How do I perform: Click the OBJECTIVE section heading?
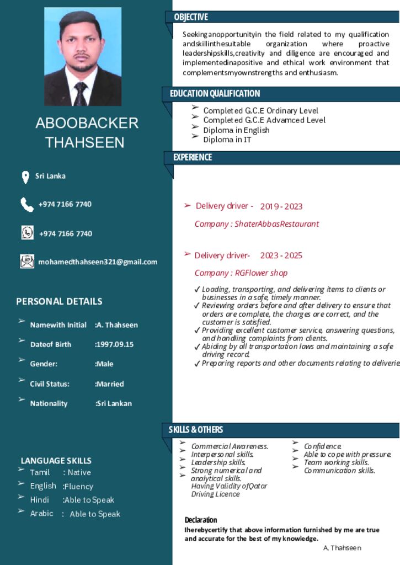pos(191,17)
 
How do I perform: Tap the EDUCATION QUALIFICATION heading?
pos(215,93)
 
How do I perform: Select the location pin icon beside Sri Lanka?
pos(25,177)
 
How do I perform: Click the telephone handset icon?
pos(26,205)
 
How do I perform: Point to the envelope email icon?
pos(26,262)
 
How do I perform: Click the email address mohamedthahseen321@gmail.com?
pos(98,262)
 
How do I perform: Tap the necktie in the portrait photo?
pos(81,93)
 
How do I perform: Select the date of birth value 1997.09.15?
pos(115,344)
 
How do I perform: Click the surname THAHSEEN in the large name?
pos(85,142)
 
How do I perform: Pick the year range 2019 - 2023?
pos(281,206)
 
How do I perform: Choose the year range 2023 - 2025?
pos(281,255)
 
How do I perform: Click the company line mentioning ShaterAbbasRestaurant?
pos(257,224)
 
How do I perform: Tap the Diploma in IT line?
pos(227,140)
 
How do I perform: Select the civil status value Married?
pos(110,384)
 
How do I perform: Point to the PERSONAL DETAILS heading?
pos(59,301)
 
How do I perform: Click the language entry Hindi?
pos(40,500)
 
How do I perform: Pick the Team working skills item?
pos(336,462)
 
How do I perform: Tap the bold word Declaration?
pos(201,520)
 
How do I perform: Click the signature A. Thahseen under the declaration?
pos(342,548)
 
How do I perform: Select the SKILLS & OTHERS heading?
pos(196,429)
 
